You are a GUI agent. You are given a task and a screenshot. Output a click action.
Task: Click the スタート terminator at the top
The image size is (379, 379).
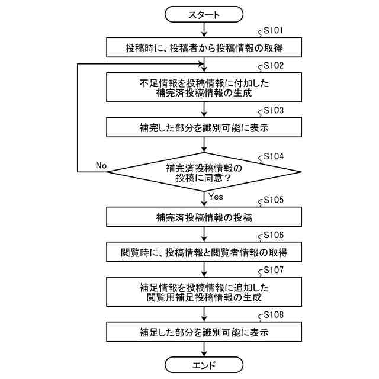[204, 14]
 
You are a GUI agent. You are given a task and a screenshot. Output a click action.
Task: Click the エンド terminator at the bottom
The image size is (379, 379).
[204, 364]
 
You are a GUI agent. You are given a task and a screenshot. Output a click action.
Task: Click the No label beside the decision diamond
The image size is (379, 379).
[101, 165]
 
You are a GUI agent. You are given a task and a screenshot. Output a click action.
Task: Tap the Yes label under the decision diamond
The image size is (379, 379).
[216, 196]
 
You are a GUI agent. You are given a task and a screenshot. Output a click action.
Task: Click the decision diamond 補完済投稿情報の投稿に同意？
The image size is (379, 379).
[204, 172]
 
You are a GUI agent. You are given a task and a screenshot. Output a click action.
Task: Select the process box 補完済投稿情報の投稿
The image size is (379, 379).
[204, 217]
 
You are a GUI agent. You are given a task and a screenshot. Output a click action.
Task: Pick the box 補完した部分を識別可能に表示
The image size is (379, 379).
[204, 127]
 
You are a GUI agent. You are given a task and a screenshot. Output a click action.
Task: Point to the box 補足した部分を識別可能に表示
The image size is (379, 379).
[204, 332]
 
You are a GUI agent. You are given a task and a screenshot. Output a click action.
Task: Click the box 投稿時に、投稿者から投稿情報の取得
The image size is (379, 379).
[204, 47]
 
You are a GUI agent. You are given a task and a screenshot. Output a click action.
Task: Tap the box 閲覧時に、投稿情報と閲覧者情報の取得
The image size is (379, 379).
[204, 252]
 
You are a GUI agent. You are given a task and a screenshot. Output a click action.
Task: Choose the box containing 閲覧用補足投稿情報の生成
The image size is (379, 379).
[204, 292]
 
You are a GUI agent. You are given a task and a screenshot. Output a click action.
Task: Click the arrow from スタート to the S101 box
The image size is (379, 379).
[204, 30]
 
